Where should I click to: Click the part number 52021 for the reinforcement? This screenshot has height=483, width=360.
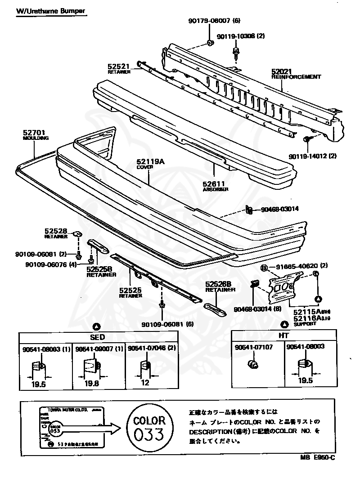tap(282, 71)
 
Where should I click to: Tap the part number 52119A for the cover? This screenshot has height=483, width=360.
tap(148, 161)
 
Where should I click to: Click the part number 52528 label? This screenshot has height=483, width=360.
tap(55, 231)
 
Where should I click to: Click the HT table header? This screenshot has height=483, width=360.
tap(283, 335)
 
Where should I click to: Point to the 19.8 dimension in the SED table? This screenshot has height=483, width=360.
tap(92, 383)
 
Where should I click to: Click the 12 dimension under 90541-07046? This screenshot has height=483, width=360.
tap(145, 383)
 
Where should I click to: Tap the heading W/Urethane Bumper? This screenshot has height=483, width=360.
tap(51, 10)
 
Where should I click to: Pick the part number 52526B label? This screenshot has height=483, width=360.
tap(218, 284)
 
